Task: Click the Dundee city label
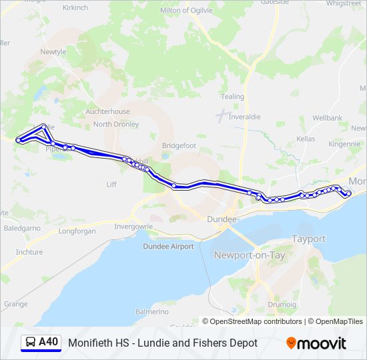pyautogui.click(x=222, y=219)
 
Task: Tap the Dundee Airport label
pyautogui.click(x=168, y=246)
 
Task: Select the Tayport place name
pyautogui.click(x=308, y=239)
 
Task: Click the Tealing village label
pyautogui.click(x=232, y=97)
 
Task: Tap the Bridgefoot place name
pyautogui.click(x=179, y=145)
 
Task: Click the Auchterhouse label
pyautogui.click(x=107, y=111)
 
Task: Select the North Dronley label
pyautogui.click(x=116, y=124)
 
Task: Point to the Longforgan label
pyautogui.click(x=77, y=231)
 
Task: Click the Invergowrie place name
pyautogui.click(x=133, y=227)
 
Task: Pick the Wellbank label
pyautogui.click(x=327, y=118)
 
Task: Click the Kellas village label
pyautogui.click(x=306, y=139)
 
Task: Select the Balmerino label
pyautogui.click(x=151, y=311)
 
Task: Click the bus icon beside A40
pyautogui.click(x=30, y=343)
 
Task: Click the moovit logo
pyautogui.click(x=316, y=343)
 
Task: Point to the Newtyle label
pyautogui.click(x=53, y=51)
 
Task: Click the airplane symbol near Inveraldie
pyautogui.click(x=221, y=115)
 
